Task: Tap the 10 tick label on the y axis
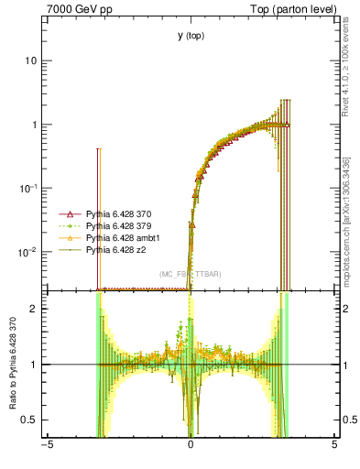[x=31, y=60]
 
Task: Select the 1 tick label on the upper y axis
[x=34, y=125]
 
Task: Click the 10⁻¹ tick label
[x=29, y=188]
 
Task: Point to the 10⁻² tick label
[x=29, y=252]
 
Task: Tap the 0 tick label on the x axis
[x=191, y=446]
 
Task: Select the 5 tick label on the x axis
[x=334, y=446]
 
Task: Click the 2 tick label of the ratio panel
[x=34, y=309]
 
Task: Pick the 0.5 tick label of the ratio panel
[x=30, y=420]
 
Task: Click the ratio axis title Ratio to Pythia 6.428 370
[x=14, y=364]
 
